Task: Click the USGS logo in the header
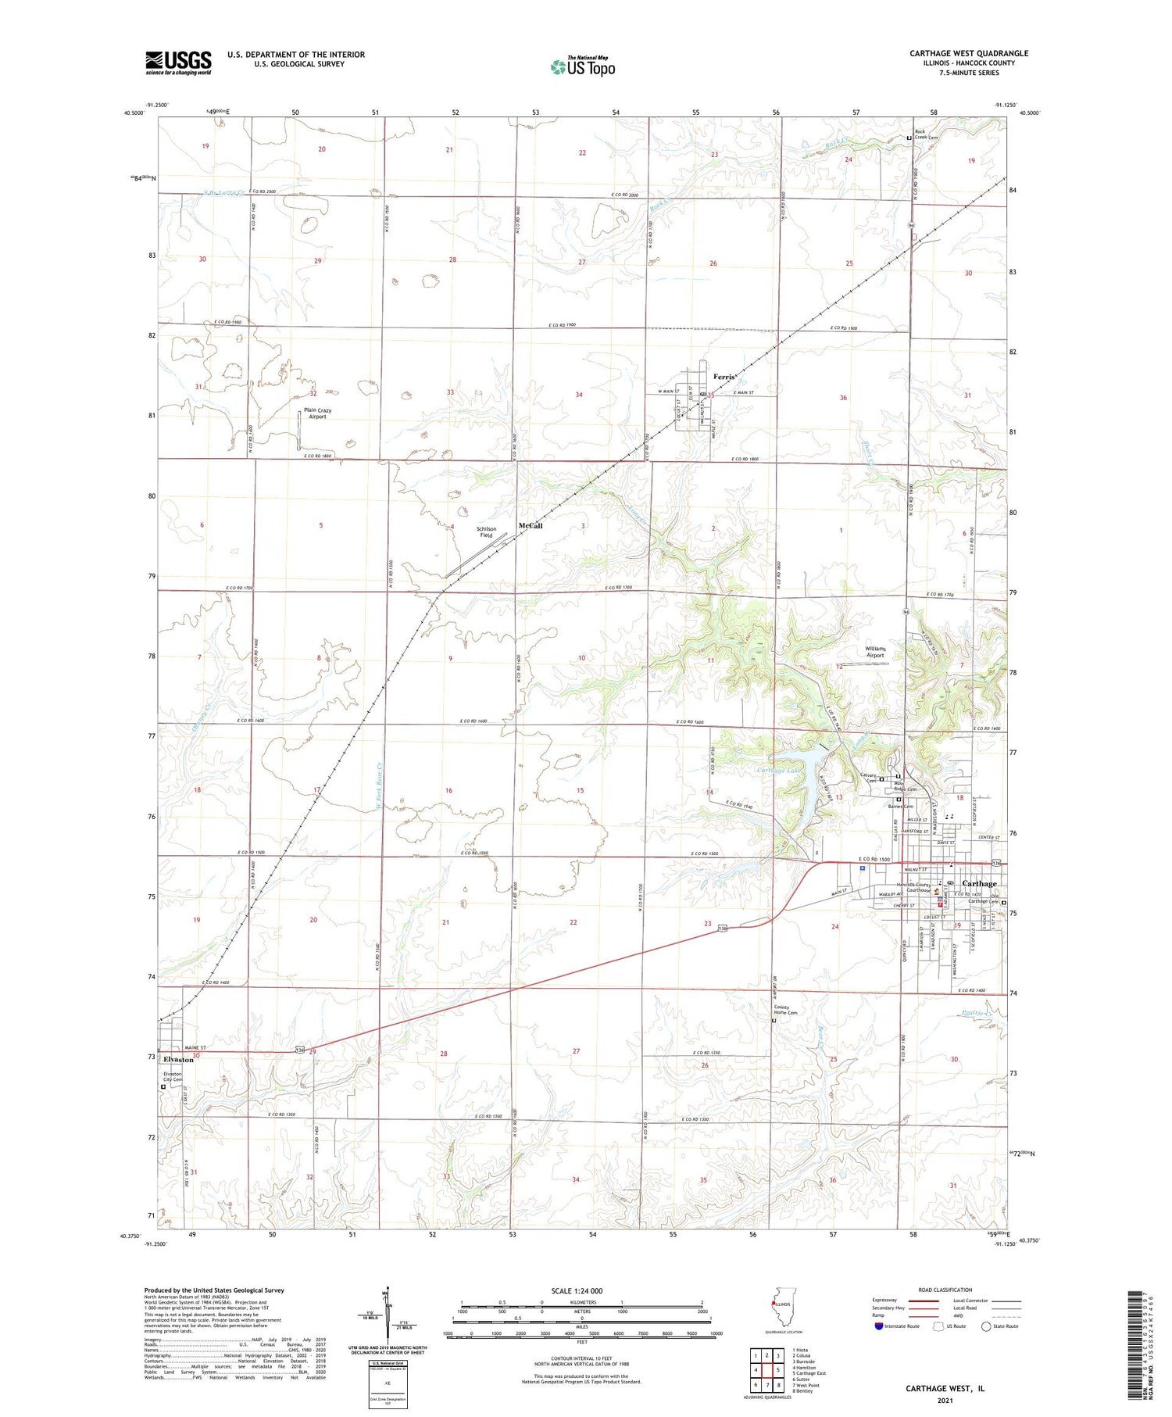[x=178, y=63]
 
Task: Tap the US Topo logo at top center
[x=583, y=66]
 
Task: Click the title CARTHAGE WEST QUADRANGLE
[x=968, y=54]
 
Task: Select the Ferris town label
[x=724, y=377]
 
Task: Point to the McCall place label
[x=530, y=526]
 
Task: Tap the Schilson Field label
[x=486, y=532]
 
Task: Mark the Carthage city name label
[x=979, y=883]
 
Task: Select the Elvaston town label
[x=178, y=1059]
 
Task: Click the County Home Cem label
[x=786, y=1011]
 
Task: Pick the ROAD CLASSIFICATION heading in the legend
[x=945, y=1290]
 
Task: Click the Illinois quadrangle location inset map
[x=780, y=1307]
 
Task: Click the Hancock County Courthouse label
[x=913, y=887]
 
